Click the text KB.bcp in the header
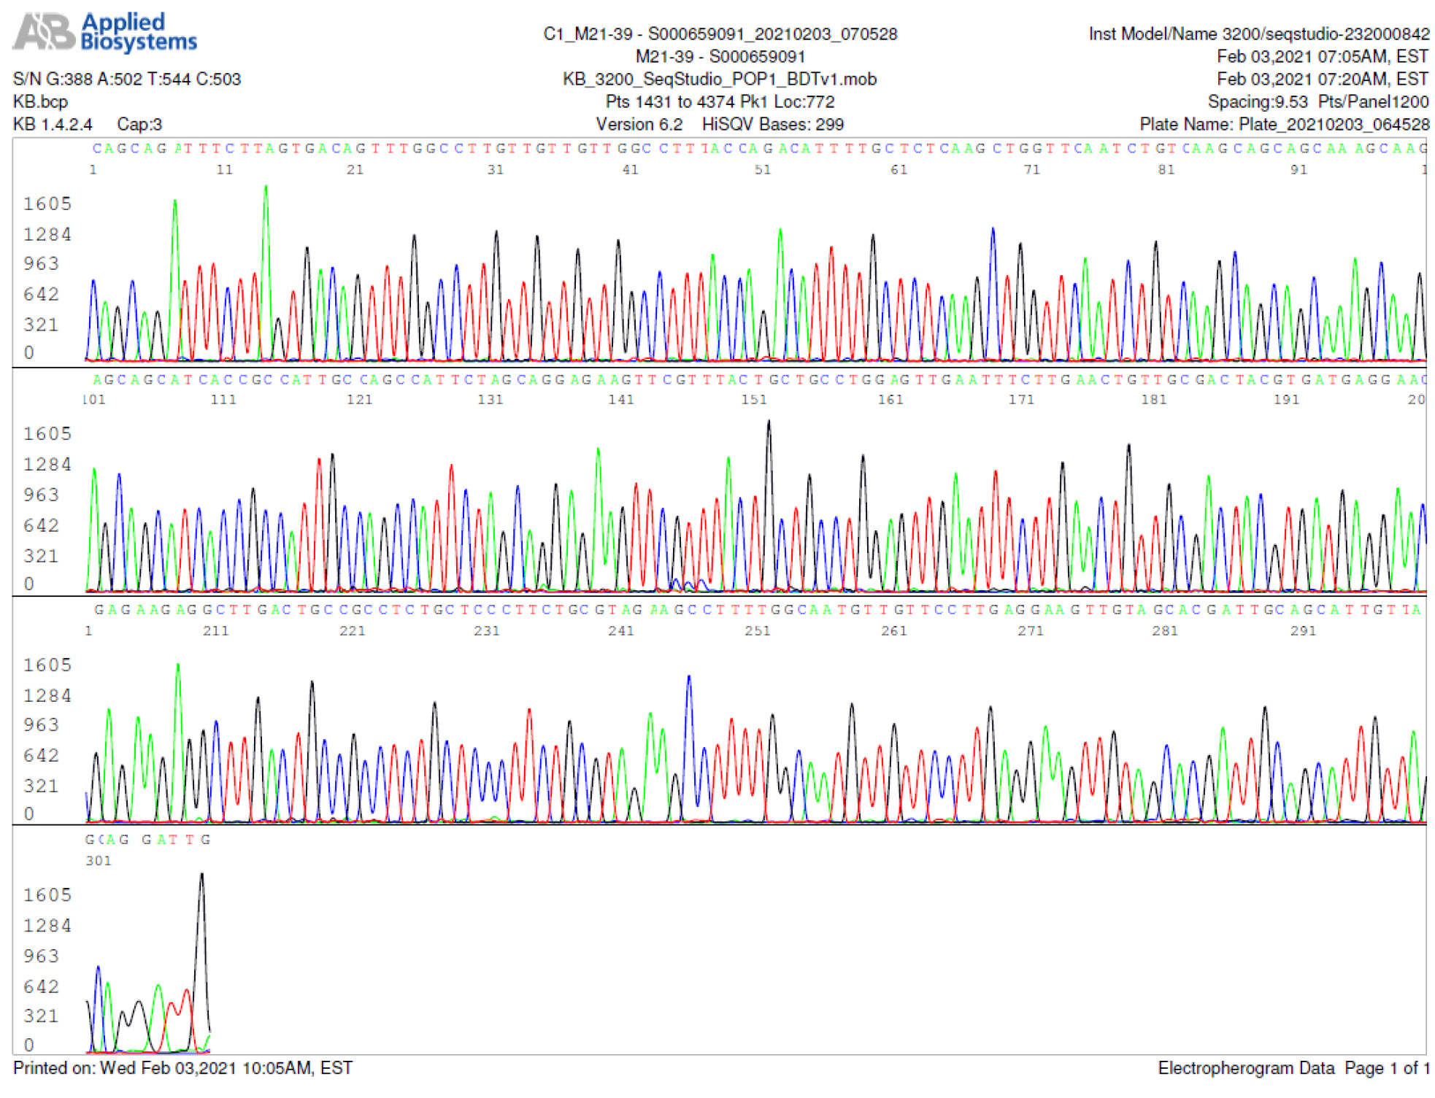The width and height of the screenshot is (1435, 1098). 40,101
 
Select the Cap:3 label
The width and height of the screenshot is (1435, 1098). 139,124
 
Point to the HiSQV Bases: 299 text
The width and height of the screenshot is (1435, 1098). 772,124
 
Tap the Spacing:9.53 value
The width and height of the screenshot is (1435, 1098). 1257,101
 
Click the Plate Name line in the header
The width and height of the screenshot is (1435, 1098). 1284,124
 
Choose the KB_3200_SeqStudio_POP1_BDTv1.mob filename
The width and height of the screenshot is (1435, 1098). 719,79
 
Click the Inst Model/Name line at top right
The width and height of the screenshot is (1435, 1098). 1258,34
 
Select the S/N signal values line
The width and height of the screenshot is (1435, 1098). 127,79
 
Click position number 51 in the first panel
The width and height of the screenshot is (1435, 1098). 762,170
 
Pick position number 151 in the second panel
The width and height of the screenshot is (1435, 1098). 754,400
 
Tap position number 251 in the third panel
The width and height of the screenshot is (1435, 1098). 757,631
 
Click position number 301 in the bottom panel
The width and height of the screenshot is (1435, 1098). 99,861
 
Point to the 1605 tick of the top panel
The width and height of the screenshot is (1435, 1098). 47,204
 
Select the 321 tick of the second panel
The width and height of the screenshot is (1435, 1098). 41,556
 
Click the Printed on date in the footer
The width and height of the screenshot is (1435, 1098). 182,1068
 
